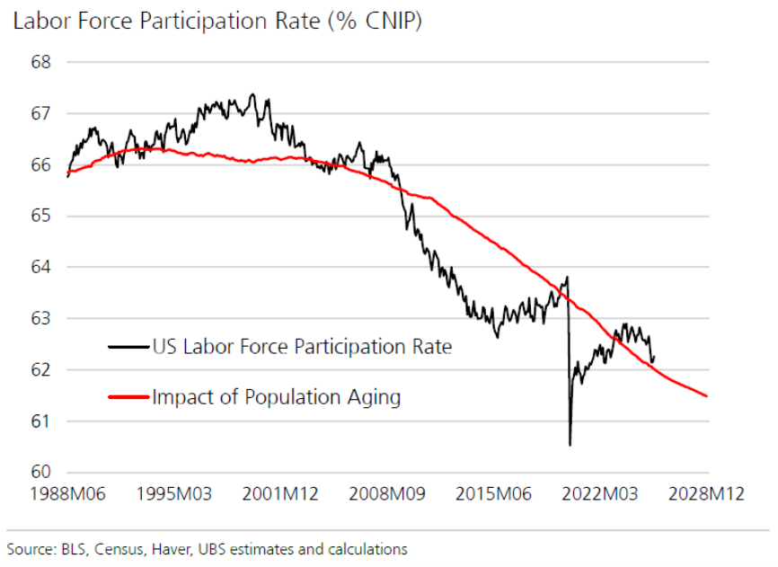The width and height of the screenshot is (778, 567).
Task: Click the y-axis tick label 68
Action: click(41, 63)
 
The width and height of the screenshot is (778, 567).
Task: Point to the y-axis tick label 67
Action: click(41, 114)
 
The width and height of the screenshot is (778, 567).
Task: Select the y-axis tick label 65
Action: click(41, 217)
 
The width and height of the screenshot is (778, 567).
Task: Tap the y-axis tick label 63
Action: click(41, 319)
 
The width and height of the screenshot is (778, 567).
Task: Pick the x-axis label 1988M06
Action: click(68, 496)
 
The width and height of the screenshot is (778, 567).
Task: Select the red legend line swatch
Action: click(128, 396)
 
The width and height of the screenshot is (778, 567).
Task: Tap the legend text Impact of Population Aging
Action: click(276, 396)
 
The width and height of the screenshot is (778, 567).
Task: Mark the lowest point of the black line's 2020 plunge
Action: click(570, 445)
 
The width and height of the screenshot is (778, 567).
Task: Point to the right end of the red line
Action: click(708, 395)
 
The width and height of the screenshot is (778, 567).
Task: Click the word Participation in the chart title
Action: click(210, 22)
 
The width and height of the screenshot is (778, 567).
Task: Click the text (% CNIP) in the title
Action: click(373, 22)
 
